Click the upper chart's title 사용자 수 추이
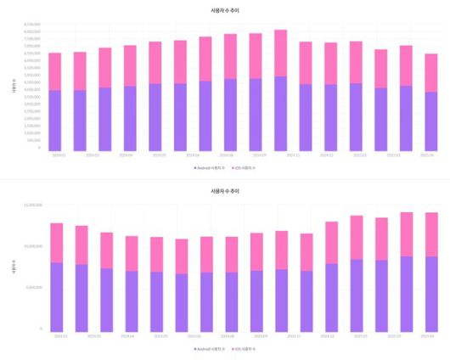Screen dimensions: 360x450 click(224, 9)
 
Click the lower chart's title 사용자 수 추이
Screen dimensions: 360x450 click(224, 192)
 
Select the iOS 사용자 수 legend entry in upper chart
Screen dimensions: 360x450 click(244, 168)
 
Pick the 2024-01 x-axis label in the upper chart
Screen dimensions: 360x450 click(58, 155)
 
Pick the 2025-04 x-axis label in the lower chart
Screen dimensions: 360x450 click(430, 336)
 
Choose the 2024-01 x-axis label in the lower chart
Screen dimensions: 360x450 click(58, 336)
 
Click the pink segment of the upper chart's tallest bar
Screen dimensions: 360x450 click(280, 53)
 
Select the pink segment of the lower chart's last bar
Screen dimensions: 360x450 click(431, 234)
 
